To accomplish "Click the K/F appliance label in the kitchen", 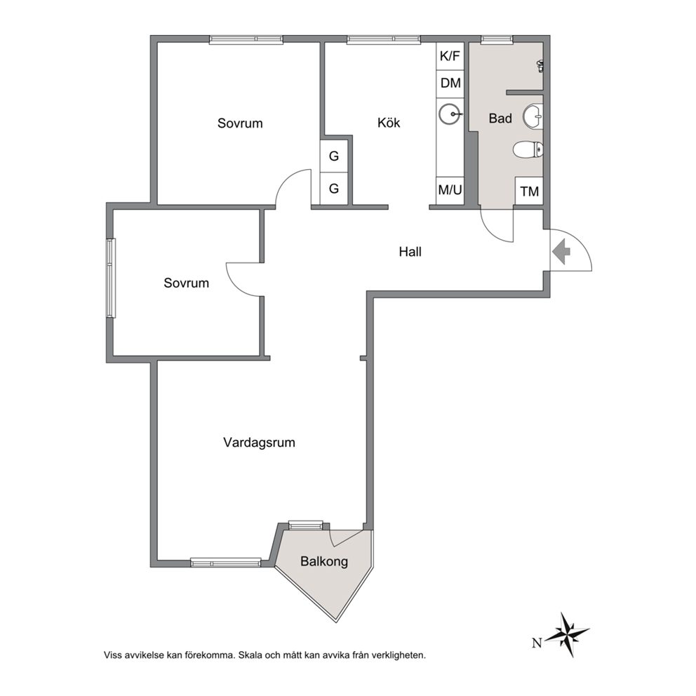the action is (x=450, y=56).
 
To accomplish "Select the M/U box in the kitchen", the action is (x=450, y=191).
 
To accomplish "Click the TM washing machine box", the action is (x=529, y=192).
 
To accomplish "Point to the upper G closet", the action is (x=333, y=156).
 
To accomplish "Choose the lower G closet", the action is (x=333, y=189).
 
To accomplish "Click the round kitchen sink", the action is (x=450, y=114).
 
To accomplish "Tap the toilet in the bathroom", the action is (x=528, y=150).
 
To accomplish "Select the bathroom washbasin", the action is (x=533, y=116).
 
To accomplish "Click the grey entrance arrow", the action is (x=561, y=252).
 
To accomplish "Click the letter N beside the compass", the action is (x=537, y=642).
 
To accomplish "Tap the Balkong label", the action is (x=324, y=561).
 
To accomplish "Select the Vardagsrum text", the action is (x=259, y=443).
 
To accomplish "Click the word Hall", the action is (x=410, y=252).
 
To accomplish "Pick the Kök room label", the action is (x=389, y=123).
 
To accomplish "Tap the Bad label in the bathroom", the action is (x=500, y=119).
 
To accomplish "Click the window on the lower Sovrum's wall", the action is (x=111, y=278).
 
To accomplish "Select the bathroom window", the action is (x=497, y=39).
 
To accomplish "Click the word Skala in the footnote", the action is (x=250, y=655).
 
